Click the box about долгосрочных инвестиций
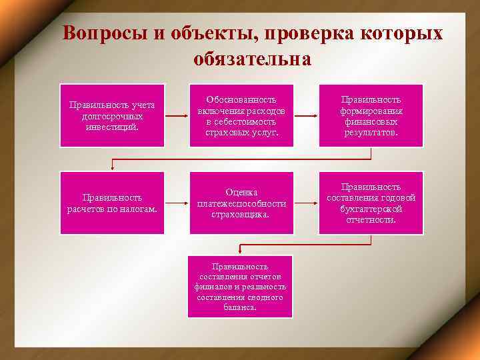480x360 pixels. click(112, 115)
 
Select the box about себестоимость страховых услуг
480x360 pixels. click(241, 115)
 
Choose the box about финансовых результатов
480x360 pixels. click(371, 115)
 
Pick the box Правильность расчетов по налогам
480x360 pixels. click(112, 203)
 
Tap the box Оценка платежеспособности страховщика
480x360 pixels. click(241, 203)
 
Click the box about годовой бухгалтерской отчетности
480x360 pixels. click(371, 203)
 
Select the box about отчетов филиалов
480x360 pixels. click(241, 287)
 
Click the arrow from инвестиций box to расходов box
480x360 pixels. click(177, 115)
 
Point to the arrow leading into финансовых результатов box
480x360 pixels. click(306, 115)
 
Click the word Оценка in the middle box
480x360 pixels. click(241, 192)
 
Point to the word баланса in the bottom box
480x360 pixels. click(241, 308)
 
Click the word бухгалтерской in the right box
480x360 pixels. click(371, 209)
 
